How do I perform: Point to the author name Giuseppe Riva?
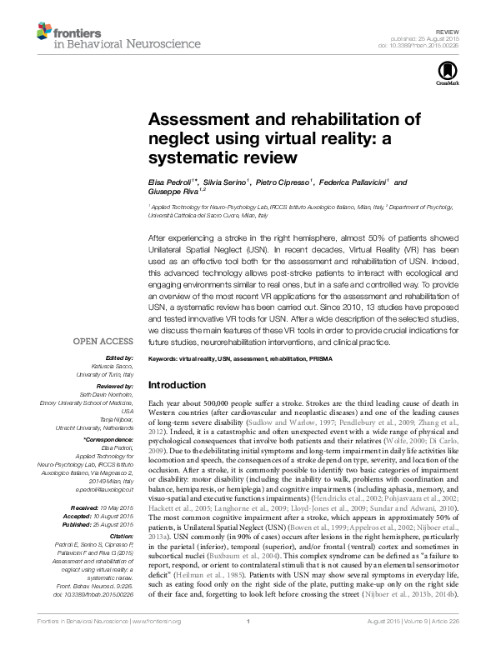[x=172, y=192]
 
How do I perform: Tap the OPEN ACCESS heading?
[x=104, y=342]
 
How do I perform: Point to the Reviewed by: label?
[x=113, y=387]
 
